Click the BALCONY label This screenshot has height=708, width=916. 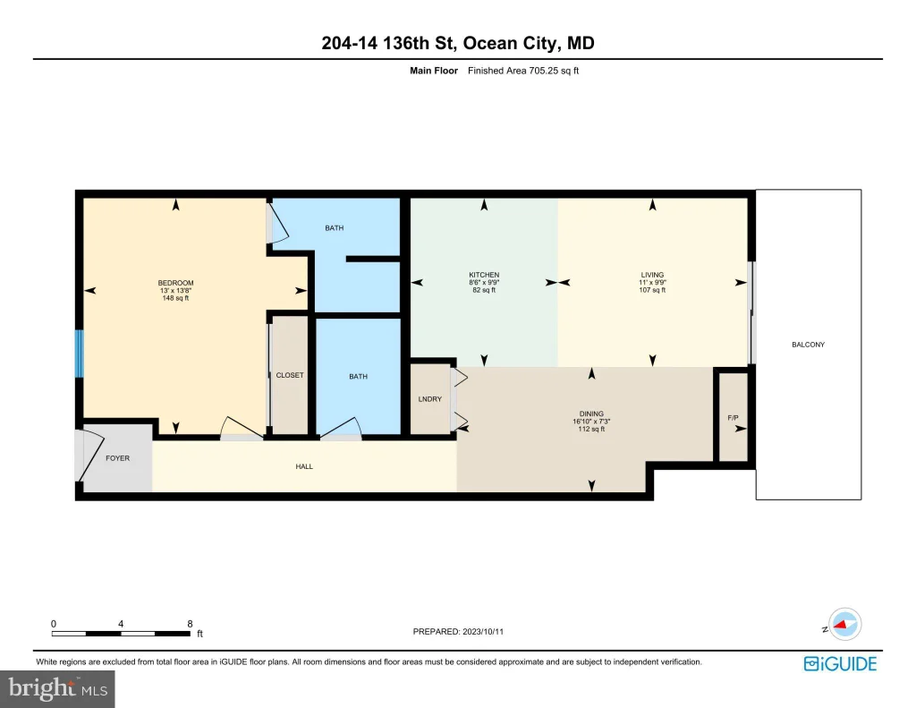pos(808,345)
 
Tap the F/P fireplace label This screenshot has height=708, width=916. pos(734,418)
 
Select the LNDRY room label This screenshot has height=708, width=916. pos(430,399)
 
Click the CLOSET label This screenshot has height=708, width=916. pos(290,375)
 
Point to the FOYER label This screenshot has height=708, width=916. pos(117,458)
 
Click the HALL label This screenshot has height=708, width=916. pos(304,466)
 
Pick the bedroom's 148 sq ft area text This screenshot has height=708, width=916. pos(175,298)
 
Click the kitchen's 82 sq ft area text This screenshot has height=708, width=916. pos(484,290)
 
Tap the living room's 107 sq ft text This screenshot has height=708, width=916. pos(652,290)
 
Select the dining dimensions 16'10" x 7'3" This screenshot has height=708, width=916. pos(591,422)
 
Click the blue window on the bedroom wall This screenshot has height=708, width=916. pos(80,354)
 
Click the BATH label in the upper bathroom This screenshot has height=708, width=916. pos(335,228)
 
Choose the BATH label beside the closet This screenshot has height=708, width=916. pos(358,377)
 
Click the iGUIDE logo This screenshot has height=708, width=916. pos(840,664)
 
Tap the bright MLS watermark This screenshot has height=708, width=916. pos(57,689)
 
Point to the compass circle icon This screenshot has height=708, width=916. pos(844,625)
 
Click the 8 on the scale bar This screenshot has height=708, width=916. pos(190,624)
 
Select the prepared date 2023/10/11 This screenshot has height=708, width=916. pos(482,631)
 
